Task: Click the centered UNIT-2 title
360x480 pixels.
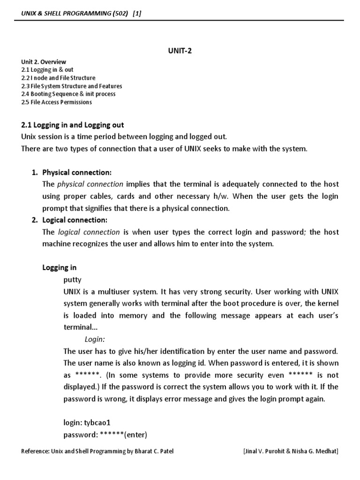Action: (x=180, y=51)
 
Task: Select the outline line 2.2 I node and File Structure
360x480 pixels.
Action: (x=58, y=78)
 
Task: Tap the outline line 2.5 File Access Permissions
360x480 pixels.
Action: (x=56, y=102)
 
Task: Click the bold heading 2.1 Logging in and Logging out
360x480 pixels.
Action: (x=73, y=125)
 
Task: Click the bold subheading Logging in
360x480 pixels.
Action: (x=60, y=268)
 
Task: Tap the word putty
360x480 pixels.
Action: (x=72, y=280)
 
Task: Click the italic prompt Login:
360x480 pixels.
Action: (x=95, y=339)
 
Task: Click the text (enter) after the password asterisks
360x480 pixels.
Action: (x=136, y=434)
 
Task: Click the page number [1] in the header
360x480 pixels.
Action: (x=137, y=14)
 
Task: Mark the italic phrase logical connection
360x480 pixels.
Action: (x=89, y=232)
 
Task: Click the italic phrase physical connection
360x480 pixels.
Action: (x=90, y=184)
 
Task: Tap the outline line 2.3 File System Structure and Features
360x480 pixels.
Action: (x=72, y=86)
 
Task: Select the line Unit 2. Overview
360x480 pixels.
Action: (x=44, y=62)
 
